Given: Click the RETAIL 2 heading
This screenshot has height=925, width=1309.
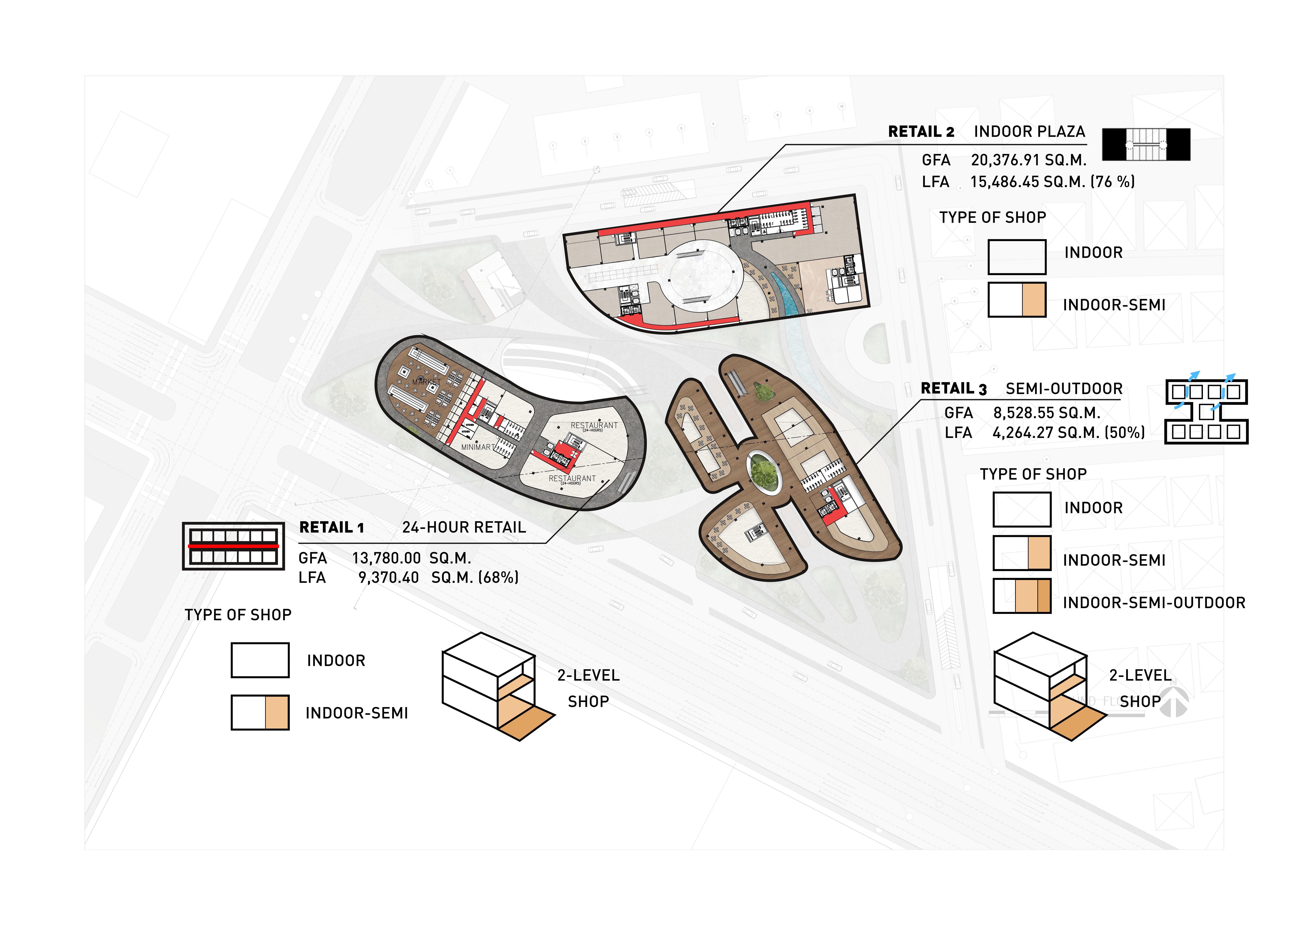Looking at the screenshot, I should (921, 132).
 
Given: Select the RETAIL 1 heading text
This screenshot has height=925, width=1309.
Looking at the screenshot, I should (331, 528).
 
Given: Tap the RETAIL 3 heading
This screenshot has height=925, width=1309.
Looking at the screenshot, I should (953, 389).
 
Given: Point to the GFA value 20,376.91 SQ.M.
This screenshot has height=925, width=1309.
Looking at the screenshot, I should (1028, 160).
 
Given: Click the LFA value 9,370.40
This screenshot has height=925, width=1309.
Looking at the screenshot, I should (388, 578).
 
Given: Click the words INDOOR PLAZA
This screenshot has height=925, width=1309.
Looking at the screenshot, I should (1029, 132).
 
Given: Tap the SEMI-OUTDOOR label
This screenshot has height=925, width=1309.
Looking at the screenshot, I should (1064, 389).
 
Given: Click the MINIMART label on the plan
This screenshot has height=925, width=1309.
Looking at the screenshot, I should (477, 447).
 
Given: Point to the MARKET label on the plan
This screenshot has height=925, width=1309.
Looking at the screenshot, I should (426, 382).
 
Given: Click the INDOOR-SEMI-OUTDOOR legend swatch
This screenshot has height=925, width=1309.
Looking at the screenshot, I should (1022, 596).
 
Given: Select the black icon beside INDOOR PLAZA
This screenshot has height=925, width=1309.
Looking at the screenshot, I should (1146, 144).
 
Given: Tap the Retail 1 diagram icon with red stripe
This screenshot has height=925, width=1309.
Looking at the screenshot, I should (233, 546).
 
